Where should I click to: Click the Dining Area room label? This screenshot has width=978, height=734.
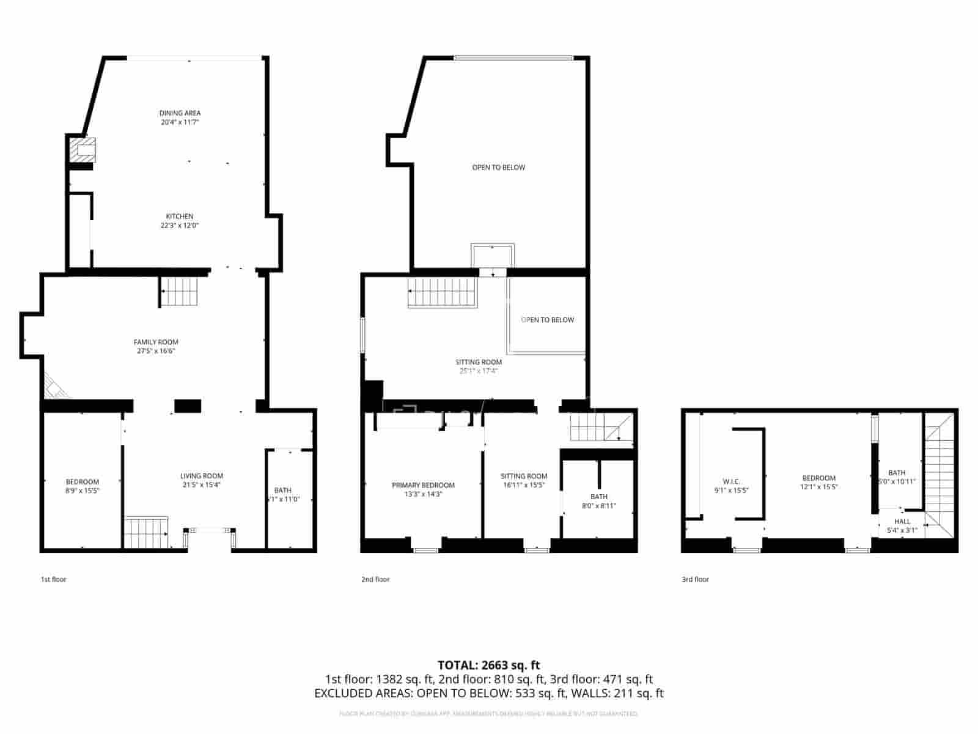point(180,113)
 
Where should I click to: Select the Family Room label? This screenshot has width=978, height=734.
point(156,342)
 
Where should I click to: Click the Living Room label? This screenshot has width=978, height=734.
point(201,476)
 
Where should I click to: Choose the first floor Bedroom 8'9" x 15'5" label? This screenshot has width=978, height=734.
point(83,482)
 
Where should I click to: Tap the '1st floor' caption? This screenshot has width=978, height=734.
point(53,579)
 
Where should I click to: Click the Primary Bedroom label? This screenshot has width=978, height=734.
point(423,485)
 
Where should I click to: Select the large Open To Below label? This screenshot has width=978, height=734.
point(498,168)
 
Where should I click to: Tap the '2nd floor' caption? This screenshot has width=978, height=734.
point(375,579)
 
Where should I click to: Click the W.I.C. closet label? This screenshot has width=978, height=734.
point(731,482)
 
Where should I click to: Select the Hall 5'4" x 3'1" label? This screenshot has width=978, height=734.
point(902,522)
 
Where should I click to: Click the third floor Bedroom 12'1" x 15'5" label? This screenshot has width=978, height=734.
point(818,478)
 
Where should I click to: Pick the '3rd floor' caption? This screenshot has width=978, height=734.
point(695,579)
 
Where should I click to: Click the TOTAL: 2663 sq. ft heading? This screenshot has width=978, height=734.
point(488,665)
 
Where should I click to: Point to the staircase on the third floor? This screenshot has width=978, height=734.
point(939,474)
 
